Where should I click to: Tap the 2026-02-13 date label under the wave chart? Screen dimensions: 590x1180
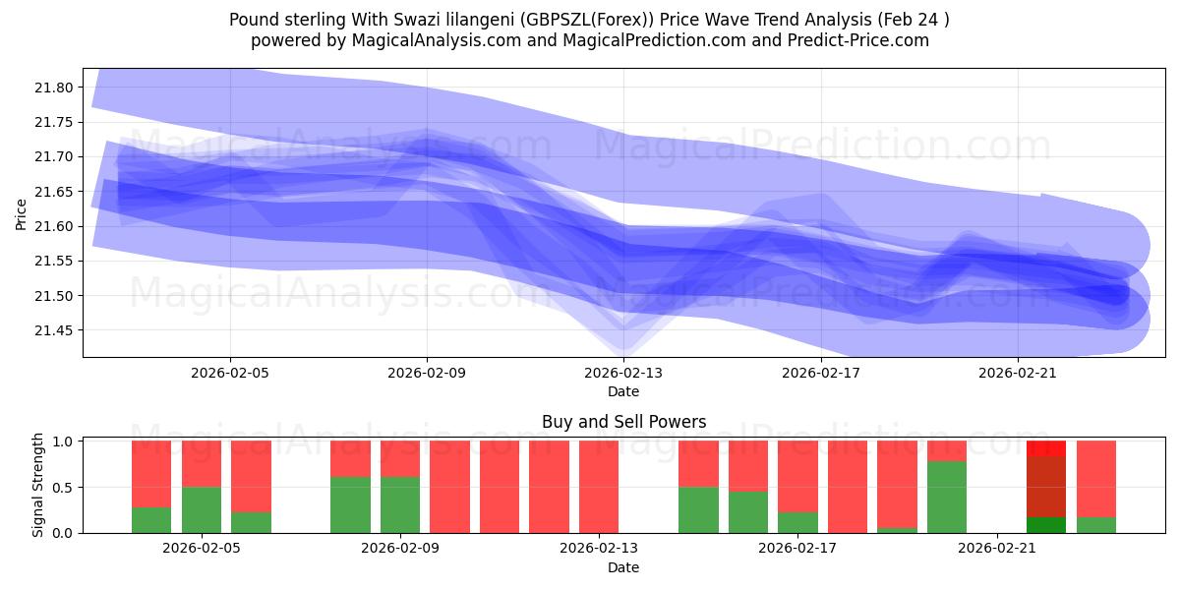tap(623, 374)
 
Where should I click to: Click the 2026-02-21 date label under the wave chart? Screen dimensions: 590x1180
tap(1017, 374)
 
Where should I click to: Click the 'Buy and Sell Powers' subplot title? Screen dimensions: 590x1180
tap(623, 422)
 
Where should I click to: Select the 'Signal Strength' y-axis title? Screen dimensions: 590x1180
tap(38, 486)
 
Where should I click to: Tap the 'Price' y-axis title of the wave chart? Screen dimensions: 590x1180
tap(22, 213)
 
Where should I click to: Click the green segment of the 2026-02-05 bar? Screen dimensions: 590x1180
tap(202, 509)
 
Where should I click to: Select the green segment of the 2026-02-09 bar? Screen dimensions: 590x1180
tap(400, 504)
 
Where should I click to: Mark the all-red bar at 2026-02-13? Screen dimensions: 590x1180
tap(599, 487)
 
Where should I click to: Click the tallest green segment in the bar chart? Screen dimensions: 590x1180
tap(947, 497)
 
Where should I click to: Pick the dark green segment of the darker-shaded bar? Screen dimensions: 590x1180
tap(1046, 525)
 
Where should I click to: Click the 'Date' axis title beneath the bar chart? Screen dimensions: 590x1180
tap(623, 567)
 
